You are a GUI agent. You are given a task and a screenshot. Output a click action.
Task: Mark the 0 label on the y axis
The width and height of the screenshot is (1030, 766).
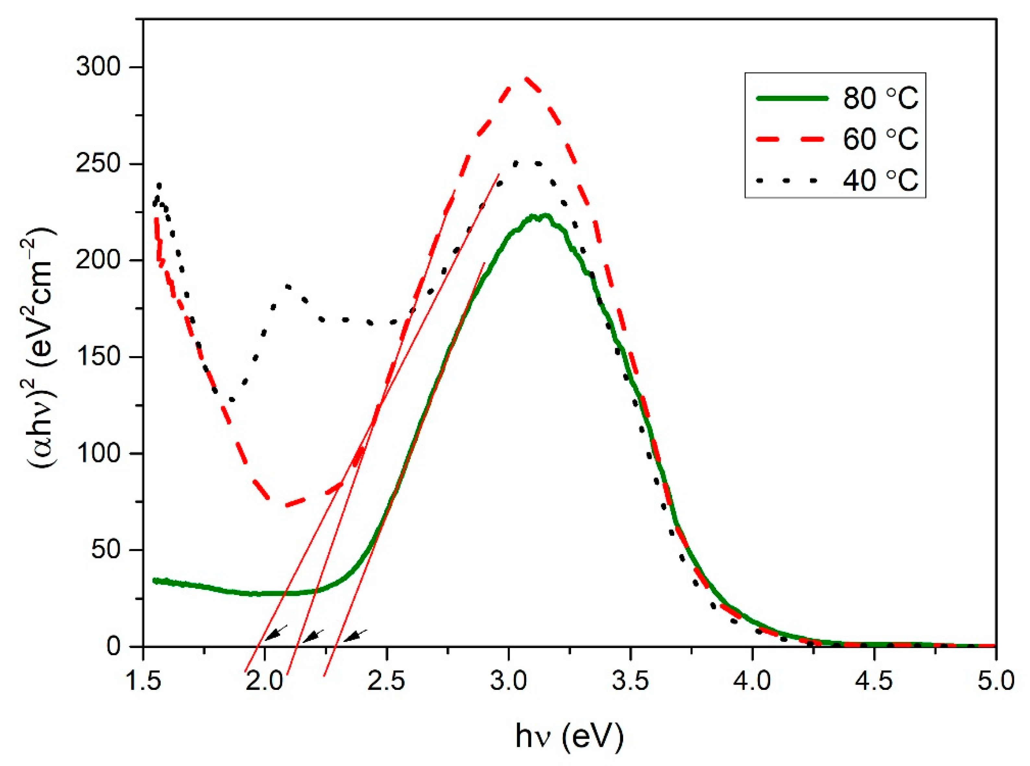pos(114,646)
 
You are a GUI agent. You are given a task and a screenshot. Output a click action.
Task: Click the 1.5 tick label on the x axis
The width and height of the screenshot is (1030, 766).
pos(142,682)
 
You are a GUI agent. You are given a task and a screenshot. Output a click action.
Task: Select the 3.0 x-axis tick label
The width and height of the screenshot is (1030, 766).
pos(509,682)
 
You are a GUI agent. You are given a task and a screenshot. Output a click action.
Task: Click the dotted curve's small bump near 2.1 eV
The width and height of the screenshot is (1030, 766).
pos(288,286)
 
